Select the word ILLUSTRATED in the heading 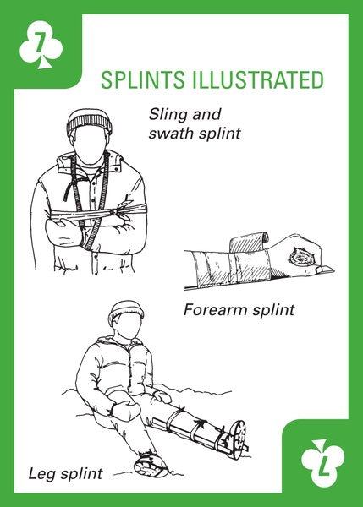pos(258,79)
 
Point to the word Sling pos(168,115)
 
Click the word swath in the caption pos(170,133)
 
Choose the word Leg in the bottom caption pos(41,474)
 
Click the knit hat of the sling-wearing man pos(90,122)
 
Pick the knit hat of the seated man pos(126,311)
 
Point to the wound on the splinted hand pos(300,258)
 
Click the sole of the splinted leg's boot pos(240,438)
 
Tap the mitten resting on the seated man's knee pos(126,409)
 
